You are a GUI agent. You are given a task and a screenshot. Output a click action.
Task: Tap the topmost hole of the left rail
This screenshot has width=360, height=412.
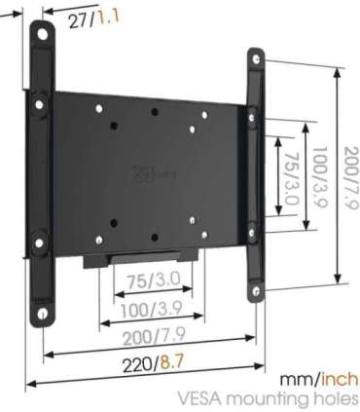(42, 31)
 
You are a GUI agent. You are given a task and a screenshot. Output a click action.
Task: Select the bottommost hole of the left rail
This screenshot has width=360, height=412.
(43, 314)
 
